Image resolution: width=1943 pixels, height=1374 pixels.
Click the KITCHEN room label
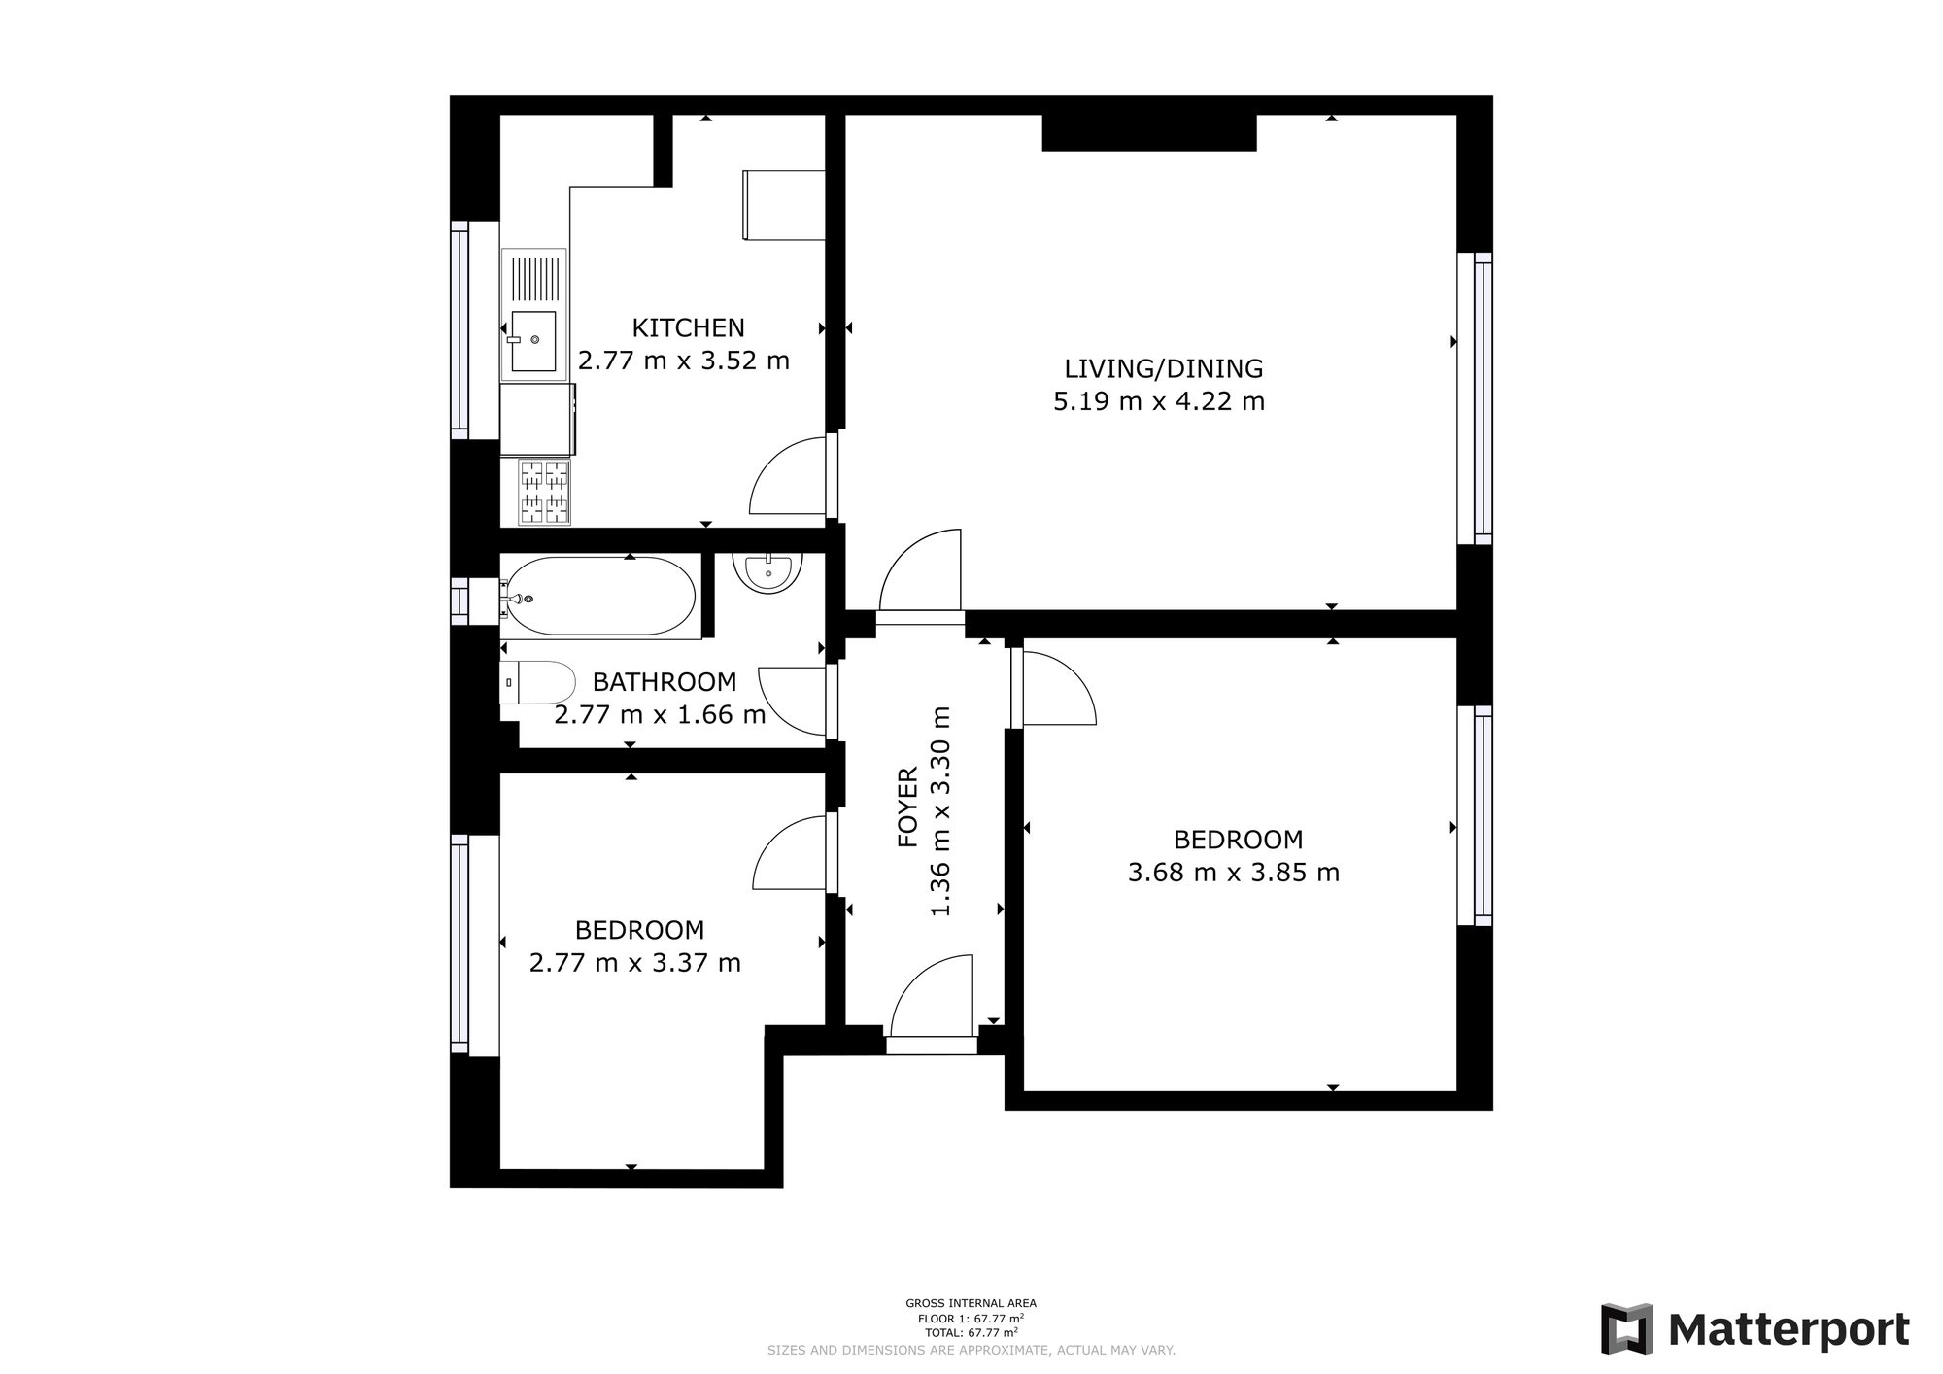[688, 327]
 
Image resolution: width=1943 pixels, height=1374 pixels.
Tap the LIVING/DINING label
[1163, 368]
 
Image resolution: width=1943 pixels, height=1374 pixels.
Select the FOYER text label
[907, 807]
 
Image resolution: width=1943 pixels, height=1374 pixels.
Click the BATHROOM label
[665, 681]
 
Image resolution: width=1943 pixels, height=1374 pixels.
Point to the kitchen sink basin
[533, 341]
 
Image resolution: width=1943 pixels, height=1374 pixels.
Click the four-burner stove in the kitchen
[544, 492]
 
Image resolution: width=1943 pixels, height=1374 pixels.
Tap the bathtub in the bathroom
[600, 597]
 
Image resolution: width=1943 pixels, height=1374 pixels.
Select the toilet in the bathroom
[537, 682]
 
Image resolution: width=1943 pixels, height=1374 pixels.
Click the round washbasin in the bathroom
[767, 572]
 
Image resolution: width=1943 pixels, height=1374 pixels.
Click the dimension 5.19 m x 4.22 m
[1159, 401]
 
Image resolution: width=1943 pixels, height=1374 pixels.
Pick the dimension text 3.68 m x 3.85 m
[1234, 873]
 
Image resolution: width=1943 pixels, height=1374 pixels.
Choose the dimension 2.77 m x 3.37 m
[635, 963]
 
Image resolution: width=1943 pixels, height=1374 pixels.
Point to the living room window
[1475, 398]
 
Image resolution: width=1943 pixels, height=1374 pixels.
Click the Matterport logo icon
[1627, 1328]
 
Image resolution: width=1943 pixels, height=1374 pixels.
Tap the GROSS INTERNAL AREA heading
[971, 1303]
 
